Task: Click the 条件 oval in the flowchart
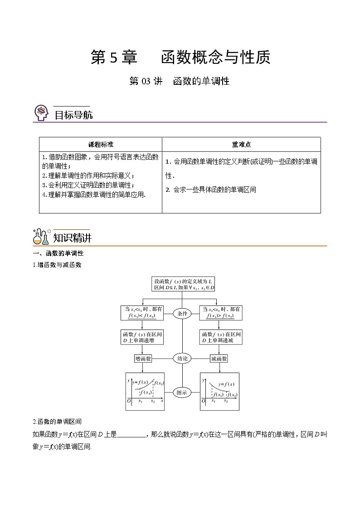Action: (x=182, y=313)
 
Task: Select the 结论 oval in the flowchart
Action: (x=182, y=359)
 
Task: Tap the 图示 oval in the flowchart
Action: (x=182, y=393)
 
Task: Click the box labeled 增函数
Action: (x=143, y=359)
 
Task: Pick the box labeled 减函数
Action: (x=219, y=359)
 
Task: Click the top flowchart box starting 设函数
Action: (x=182, y=284)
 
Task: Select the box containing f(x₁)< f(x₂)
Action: (x=143, y=312)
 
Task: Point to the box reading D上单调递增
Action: (x=143, y=337)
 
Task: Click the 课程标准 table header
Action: (x=101, y=145)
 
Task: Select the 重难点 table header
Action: (x=241, y=145)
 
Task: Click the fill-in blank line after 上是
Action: (x=131, y=435)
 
